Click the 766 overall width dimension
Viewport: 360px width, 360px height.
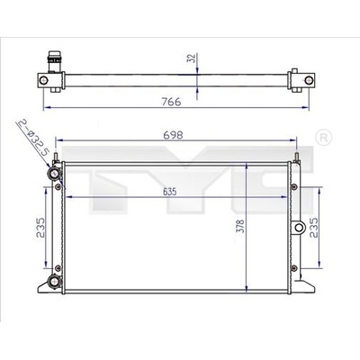(x=171, y=102)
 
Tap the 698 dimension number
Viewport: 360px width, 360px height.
(x=173, y=135)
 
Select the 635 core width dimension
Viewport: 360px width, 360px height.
(x=170, y=192)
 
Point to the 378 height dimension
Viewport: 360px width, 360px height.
(x=240, y=226)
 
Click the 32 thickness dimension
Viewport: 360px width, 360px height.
(x=192, y=58)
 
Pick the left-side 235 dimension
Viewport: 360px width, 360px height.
(x=40, y=228)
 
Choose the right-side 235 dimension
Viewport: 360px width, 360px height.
(x=314, y=228)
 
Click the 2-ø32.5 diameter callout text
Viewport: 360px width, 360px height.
(x=33, y=138)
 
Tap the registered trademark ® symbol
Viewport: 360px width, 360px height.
(x=324, y=138)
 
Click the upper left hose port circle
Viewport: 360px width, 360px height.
(x=54, y=174)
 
